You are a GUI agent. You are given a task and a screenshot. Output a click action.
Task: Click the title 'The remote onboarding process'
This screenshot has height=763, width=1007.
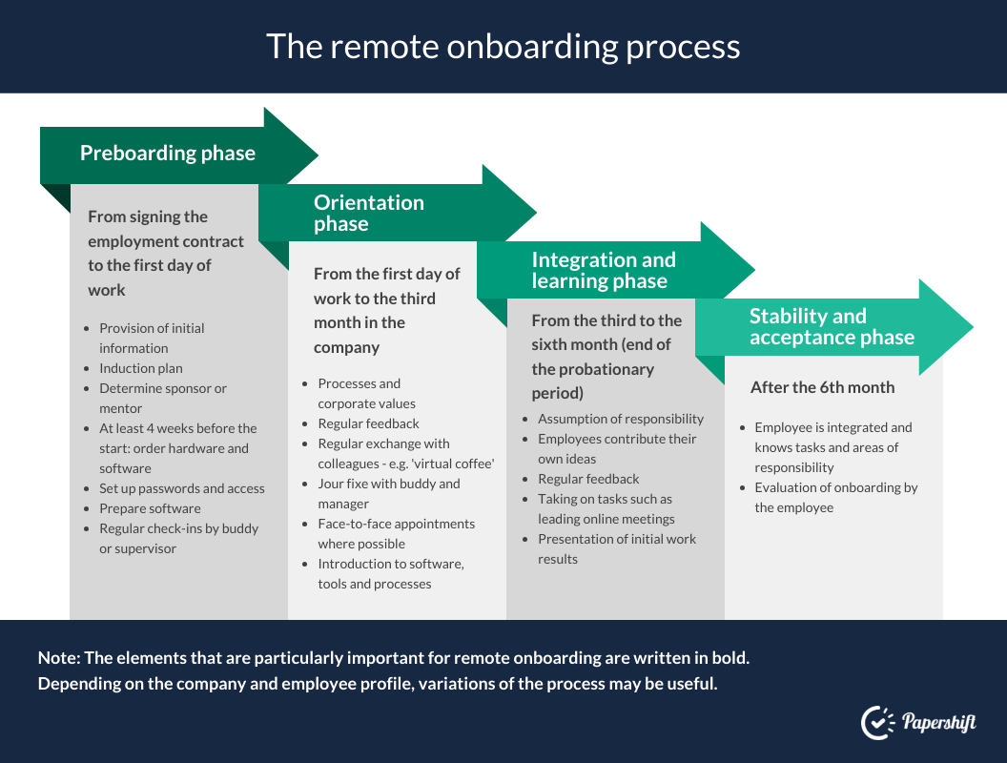(503, 46)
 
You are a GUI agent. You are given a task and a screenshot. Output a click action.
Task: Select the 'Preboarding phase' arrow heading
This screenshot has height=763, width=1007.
(168, 153)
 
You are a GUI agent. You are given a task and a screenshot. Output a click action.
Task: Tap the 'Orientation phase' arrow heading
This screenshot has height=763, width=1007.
(369, 213)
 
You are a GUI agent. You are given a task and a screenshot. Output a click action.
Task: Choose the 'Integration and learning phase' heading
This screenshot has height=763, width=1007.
(604, 270)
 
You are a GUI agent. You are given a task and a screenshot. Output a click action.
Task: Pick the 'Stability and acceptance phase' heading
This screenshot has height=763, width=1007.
(832, 326)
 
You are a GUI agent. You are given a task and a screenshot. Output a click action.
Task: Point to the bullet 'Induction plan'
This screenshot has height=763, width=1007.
(140, 368)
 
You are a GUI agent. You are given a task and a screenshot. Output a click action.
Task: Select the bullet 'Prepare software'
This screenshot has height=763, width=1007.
(150, 508)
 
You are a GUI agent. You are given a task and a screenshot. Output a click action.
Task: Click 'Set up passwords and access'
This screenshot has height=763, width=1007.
(182, 488)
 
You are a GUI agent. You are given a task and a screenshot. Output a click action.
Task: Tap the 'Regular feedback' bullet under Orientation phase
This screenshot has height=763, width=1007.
(368, 423)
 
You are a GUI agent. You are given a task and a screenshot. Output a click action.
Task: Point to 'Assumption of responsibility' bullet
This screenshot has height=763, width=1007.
(621, 419)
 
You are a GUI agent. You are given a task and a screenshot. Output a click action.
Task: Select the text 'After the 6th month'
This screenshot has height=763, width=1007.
(822, 387)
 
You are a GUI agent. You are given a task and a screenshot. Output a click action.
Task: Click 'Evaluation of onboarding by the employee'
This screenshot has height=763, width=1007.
(835, 497)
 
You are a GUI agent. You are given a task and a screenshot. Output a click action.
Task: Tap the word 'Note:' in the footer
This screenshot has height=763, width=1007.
(59, 658)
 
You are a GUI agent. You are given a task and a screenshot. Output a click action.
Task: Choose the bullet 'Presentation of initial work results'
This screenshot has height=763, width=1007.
(617, 548)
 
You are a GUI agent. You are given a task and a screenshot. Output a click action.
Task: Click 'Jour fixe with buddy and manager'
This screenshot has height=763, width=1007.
(388, 493)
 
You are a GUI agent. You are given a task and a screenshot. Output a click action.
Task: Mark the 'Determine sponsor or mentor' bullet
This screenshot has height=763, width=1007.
(162, 399)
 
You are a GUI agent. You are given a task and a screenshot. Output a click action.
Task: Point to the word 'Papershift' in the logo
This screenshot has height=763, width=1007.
(939, 723)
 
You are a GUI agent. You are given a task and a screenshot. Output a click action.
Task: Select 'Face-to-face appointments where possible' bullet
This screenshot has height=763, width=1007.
(397, 534)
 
